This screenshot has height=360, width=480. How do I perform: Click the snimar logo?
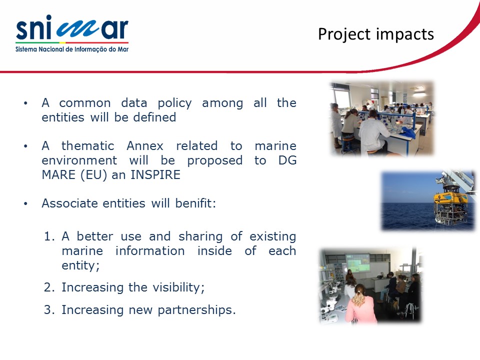click(x=72, y=33)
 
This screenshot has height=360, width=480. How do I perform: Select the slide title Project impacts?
click(x=376, y=34)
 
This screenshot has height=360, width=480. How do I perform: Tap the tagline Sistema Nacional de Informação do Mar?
click(x=72, y=49)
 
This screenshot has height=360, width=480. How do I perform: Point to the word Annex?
click(x=145, y=145)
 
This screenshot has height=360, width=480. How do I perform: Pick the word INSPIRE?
click(x=155, y=175)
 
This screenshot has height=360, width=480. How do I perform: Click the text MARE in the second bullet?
click(x=58, y=175)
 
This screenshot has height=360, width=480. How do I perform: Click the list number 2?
click(x=49, y=287)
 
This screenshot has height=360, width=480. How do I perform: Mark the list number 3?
click(x=49, y=310)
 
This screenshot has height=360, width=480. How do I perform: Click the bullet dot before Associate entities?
click(x=25, y=203)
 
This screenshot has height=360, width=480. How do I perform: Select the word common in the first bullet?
click(x=85, y=103)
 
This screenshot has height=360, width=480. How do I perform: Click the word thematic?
click(x=87, y=145)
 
